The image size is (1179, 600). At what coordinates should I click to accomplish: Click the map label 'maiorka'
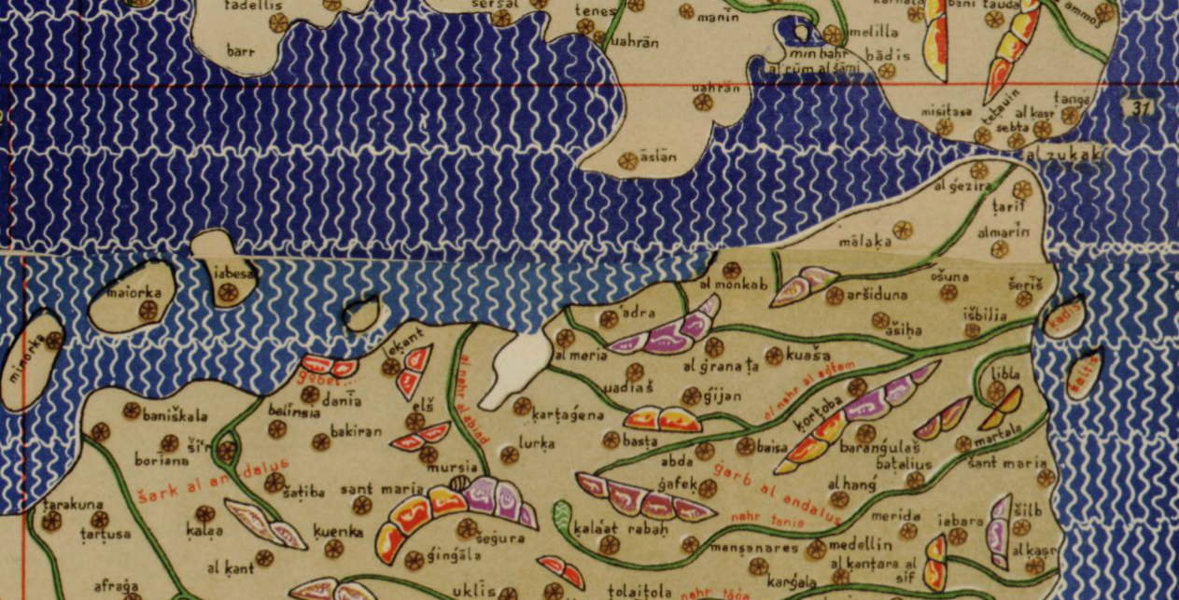pos(133,292)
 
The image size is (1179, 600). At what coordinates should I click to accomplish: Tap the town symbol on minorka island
pos(54,341)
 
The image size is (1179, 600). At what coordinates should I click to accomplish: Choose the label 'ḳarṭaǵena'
pos(568,413)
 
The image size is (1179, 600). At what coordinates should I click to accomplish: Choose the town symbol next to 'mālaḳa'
pos(902,229)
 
